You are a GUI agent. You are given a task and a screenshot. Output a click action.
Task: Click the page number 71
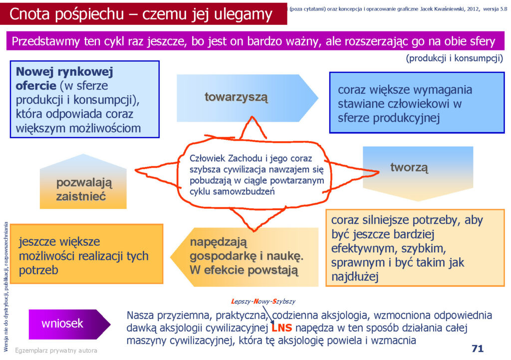478,348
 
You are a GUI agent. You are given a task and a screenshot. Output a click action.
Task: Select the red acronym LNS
282,328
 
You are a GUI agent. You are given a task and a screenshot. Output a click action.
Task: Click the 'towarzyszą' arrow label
236,97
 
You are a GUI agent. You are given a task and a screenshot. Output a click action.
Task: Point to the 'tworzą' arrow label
409,168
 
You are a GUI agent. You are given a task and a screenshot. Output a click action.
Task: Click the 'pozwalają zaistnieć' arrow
83,181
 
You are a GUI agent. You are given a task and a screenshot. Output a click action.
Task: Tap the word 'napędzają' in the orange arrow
219,242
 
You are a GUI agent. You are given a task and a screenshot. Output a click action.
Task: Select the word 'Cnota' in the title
30,14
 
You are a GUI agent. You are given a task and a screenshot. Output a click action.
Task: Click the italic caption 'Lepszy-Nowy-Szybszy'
263,301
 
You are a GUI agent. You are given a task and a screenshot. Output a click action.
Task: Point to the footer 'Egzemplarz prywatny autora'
56,351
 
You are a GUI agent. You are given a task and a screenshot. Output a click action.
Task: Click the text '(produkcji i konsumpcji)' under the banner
454,58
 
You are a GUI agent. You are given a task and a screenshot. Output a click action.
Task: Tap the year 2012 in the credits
473,9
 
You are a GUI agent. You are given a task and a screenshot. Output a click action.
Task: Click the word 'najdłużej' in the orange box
355,277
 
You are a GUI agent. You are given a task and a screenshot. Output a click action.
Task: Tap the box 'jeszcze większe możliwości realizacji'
87,254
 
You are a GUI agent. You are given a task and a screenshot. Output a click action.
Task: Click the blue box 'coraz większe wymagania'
417,103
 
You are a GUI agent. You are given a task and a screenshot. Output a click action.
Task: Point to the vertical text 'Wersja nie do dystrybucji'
6,287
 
